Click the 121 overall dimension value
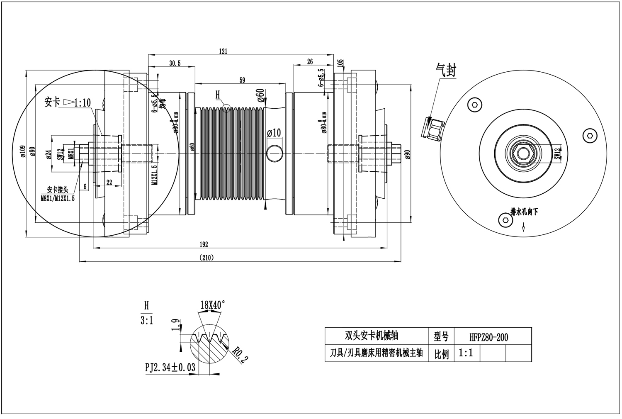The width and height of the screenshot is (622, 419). [x=224, y=51]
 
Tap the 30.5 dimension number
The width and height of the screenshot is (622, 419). [x=175, y=63]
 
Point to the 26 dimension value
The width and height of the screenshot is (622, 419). [x=310, y=62]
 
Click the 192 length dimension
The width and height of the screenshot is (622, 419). [x=204, y=244]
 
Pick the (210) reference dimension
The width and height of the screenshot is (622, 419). [x=206, y=258]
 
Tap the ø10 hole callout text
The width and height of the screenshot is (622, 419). [x=274, y=133]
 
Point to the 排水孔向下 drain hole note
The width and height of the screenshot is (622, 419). [x=524, y=212]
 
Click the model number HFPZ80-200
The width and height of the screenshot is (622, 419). [x=489, y=337]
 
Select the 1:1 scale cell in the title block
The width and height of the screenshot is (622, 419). [x=466, y=353]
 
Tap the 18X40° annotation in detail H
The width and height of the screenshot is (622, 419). [x=213, y=305]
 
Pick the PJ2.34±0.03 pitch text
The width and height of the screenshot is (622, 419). [x=170, y=368]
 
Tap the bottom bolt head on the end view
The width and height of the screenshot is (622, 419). [x=505, y=219]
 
